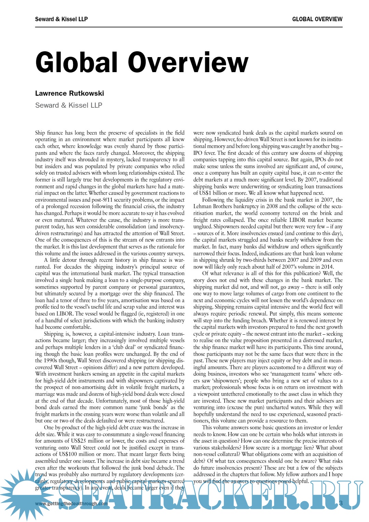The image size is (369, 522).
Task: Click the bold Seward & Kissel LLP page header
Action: [x=61, y=19]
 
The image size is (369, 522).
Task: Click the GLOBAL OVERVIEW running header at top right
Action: [x=317, y=19]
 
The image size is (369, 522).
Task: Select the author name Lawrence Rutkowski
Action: [x=69, y=93]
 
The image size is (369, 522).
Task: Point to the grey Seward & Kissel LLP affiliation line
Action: [x=69, y=105]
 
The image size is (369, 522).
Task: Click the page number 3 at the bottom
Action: [x=341, y=503]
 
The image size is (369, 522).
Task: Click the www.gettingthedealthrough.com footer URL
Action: [x=71, y=503]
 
